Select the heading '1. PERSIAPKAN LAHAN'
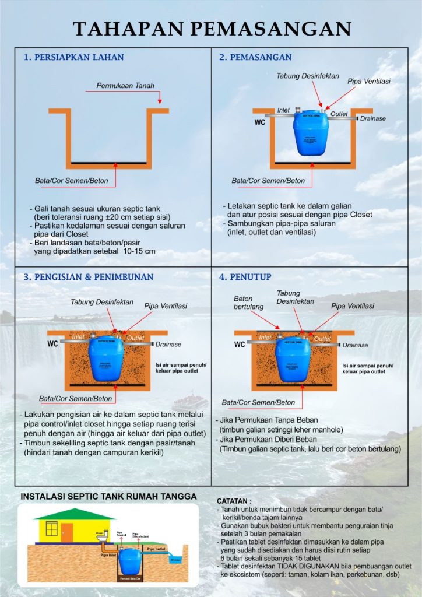click(73, 57)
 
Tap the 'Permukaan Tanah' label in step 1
click(125, 86)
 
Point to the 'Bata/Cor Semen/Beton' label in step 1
click(72, 181)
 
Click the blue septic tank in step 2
click(312, 135)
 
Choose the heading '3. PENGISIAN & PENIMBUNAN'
click(89, 276)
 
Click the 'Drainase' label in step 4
click(355, 345)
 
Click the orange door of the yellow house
click(67, 531)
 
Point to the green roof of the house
click(66, 514)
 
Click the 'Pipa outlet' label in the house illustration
click(156, 549)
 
